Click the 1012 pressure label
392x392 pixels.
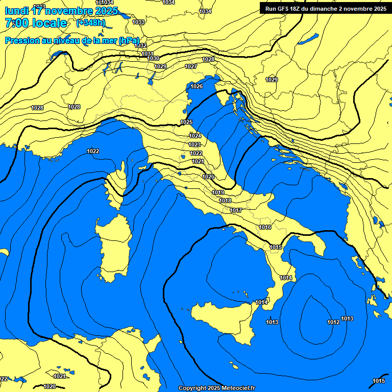coord(333,322)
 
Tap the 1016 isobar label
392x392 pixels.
coord(265,227)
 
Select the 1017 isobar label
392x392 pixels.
coord(236,210)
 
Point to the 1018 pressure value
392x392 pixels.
coord(225,201)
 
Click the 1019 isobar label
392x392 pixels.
coord(218,192)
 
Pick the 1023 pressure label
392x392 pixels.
coord(195,144)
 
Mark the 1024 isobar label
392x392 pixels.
coord(195,136)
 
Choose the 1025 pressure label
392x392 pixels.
coord(186,122)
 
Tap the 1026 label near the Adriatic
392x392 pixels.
coord(197,86)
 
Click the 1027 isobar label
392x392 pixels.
coord(191,67)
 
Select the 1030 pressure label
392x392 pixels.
coord(153,58)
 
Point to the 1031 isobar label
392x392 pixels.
coord(148,54)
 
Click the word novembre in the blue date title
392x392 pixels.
coord(70,11)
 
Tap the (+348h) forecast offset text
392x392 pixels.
coord(91,23)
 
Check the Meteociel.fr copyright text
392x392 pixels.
coord(216,388)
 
